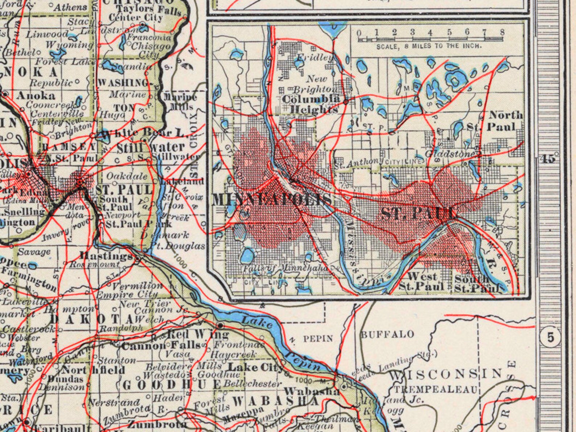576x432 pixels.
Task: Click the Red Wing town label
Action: (198, 334)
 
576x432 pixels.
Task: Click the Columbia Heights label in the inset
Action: (311, 104)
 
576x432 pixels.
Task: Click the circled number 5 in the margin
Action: (551, 338)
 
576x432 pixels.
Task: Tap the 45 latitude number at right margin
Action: (547, 159)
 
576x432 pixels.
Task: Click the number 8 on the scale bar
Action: (502, 32)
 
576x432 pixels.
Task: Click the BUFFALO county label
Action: (387, 334)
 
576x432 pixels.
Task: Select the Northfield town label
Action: (93, 370)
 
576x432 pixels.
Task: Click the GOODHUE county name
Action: (172, 385)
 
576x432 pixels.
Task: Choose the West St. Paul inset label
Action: (421, 281)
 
